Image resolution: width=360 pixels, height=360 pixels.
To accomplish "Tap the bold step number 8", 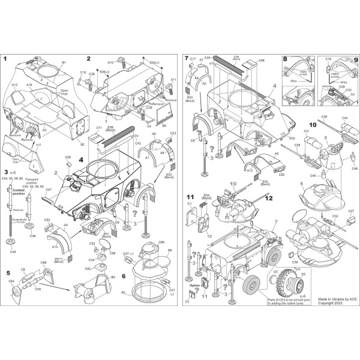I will (x=285, y=59).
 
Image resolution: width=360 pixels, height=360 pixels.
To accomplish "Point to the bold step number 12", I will (x=269, y=197).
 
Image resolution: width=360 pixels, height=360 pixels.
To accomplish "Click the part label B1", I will (x=64, y=62).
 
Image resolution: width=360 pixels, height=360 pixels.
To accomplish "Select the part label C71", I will (x=99, y=128).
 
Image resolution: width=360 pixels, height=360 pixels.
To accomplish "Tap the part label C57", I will (x=48, y=190).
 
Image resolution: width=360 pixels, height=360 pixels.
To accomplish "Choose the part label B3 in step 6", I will (x=125, y=292).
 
